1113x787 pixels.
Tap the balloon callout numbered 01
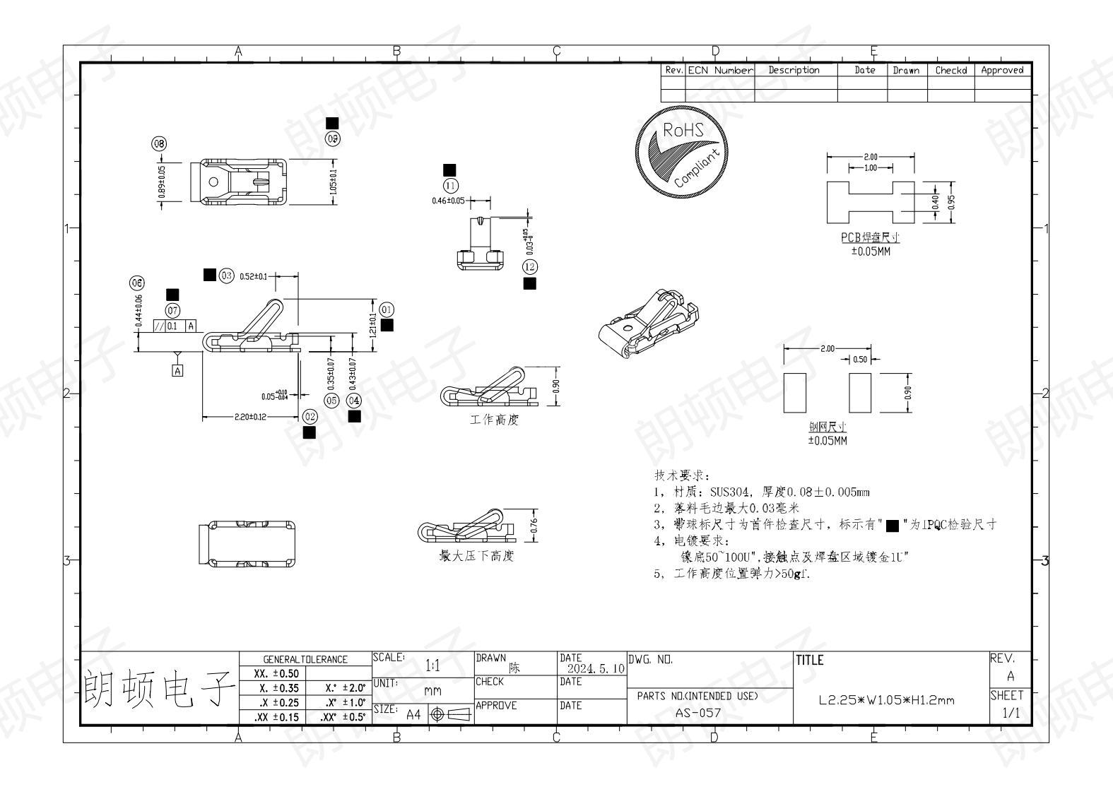pos(387,309)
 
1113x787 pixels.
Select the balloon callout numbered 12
pos(529,266)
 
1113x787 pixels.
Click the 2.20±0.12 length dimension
pos(251,417)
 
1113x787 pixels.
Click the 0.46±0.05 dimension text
pos(449,201)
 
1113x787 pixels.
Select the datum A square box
pos(177,370)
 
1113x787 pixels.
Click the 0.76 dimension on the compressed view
pos(534,525)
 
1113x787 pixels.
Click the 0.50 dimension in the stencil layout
pos(860,360)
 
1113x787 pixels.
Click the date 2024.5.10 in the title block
pos(596,668)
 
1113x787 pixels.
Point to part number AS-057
pos(697,712)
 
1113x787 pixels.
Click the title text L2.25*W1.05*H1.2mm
pos(886,701)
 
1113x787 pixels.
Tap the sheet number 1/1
pos(1011,713)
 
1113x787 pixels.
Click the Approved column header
pos(1002,70)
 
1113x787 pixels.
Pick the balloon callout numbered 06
pos(137,283)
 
